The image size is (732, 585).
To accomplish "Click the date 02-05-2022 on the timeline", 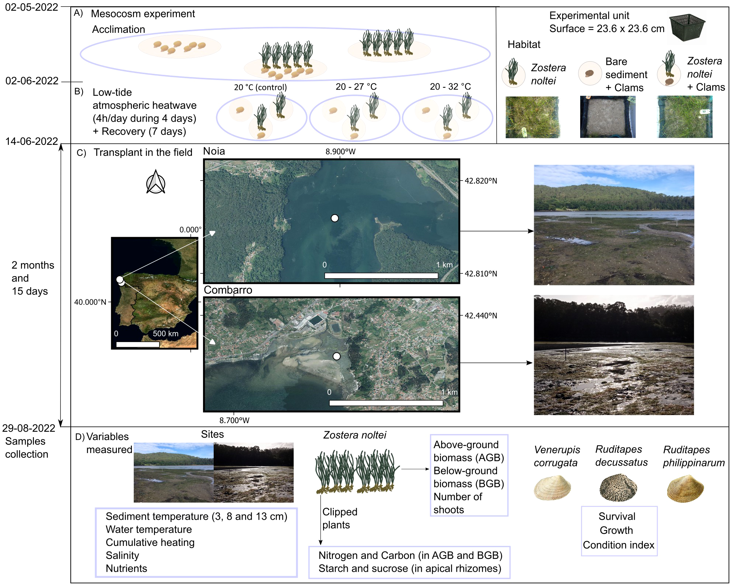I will pyautogui.click(x=31, y=7).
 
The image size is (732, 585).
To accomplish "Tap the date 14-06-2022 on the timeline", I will pyautogui.click(x=31, y=141).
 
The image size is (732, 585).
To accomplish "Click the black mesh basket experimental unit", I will pyautogui.click(x=687, y=27).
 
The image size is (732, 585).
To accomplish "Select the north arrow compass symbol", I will pyautogui.click(x=155, y=182).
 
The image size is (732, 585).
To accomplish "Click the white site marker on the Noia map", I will pyautogui.click(x=335, y=218).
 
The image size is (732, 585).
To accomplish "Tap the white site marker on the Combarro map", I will pyautogui.click(x=336, y=356).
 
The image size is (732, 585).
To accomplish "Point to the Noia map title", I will pyautogui.click(x=214, y=151).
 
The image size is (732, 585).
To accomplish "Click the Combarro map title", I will pyautogui.click(x=228, y=290).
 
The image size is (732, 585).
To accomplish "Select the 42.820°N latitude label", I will pyautogui.click(x=480, y=181).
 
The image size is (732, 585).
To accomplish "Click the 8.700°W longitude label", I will pyautogui.click(x=234, y=420).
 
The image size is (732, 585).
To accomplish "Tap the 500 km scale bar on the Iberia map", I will pyautogui.click(x=138, y=344).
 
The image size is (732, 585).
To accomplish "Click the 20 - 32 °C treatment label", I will pyautogui.click(x=450, y=87).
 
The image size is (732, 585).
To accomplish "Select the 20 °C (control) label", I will pyautogui.click(x=260, y=87).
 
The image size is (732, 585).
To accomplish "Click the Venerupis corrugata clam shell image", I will pyautogui.click(x=552, y=487).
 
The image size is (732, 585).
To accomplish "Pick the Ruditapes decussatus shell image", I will pyautogui.click(x=618, y=487).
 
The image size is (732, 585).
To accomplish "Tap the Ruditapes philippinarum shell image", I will pyautogui.click(x=685, y=488).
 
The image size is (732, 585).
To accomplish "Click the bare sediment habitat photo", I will pyautogui.click(x=607, y=117).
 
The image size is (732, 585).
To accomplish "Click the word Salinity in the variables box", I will pyautogui.click(x=122, y=555).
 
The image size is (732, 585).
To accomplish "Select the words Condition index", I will pyautogui.click(x=619, y=545).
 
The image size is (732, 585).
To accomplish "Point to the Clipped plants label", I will pyautogui.click(x=339, y=518).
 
